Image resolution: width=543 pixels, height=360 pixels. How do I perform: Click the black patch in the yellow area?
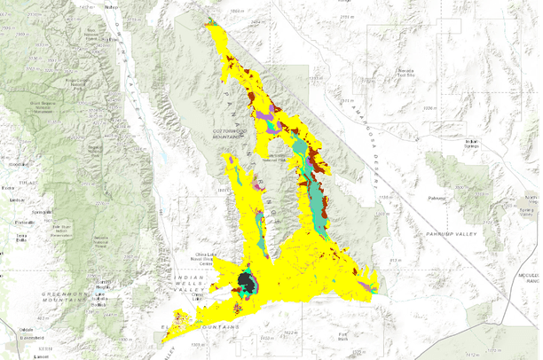point(246,284)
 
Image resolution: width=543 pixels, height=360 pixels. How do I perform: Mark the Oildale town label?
point(25,329)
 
